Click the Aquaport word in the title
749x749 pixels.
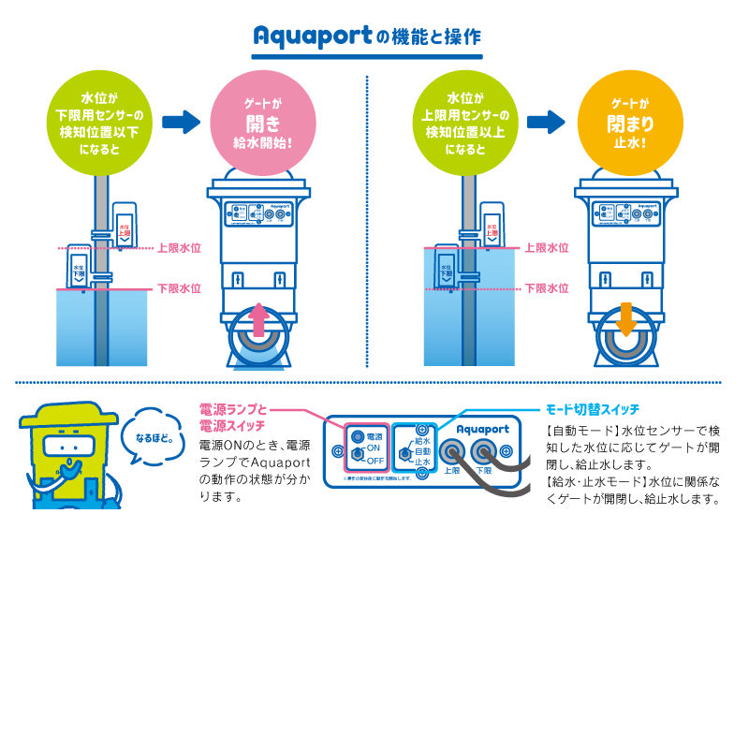(312, 37)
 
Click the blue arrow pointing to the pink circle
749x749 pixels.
(182, 122)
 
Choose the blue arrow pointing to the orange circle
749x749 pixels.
(546, 122)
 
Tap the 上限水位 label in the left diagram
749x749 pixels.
(179, 248)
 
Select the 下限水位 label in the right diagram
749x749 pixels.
(546, 288)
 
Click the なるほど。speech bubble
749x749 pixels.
(154, 437)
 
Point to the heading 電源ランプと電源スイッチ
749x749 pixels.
(233, 418)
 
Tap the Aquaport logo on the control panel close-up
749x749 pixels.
(483, 429)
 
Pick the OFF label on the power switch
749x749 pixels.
(374, 461)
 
